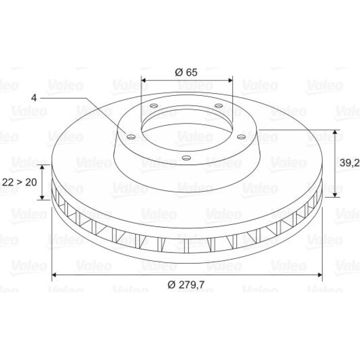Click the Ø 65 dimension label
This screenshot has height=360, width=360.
(186, 72)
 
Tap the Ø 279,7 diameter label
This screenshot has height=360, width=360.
(186, 285)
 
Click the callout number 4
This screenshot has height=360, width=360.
(34, 98)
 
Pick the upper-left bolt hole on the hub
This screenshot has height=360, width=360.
(154, 106)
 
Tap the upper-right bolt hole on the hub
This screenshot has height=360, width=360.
(219, 106)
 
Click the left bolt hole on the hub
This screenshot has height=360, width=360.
(131, 137)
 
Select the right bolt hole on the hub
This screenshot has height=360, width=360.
(241, 137)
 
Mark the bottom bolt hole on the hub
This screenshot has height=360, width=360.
(187, 158)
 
